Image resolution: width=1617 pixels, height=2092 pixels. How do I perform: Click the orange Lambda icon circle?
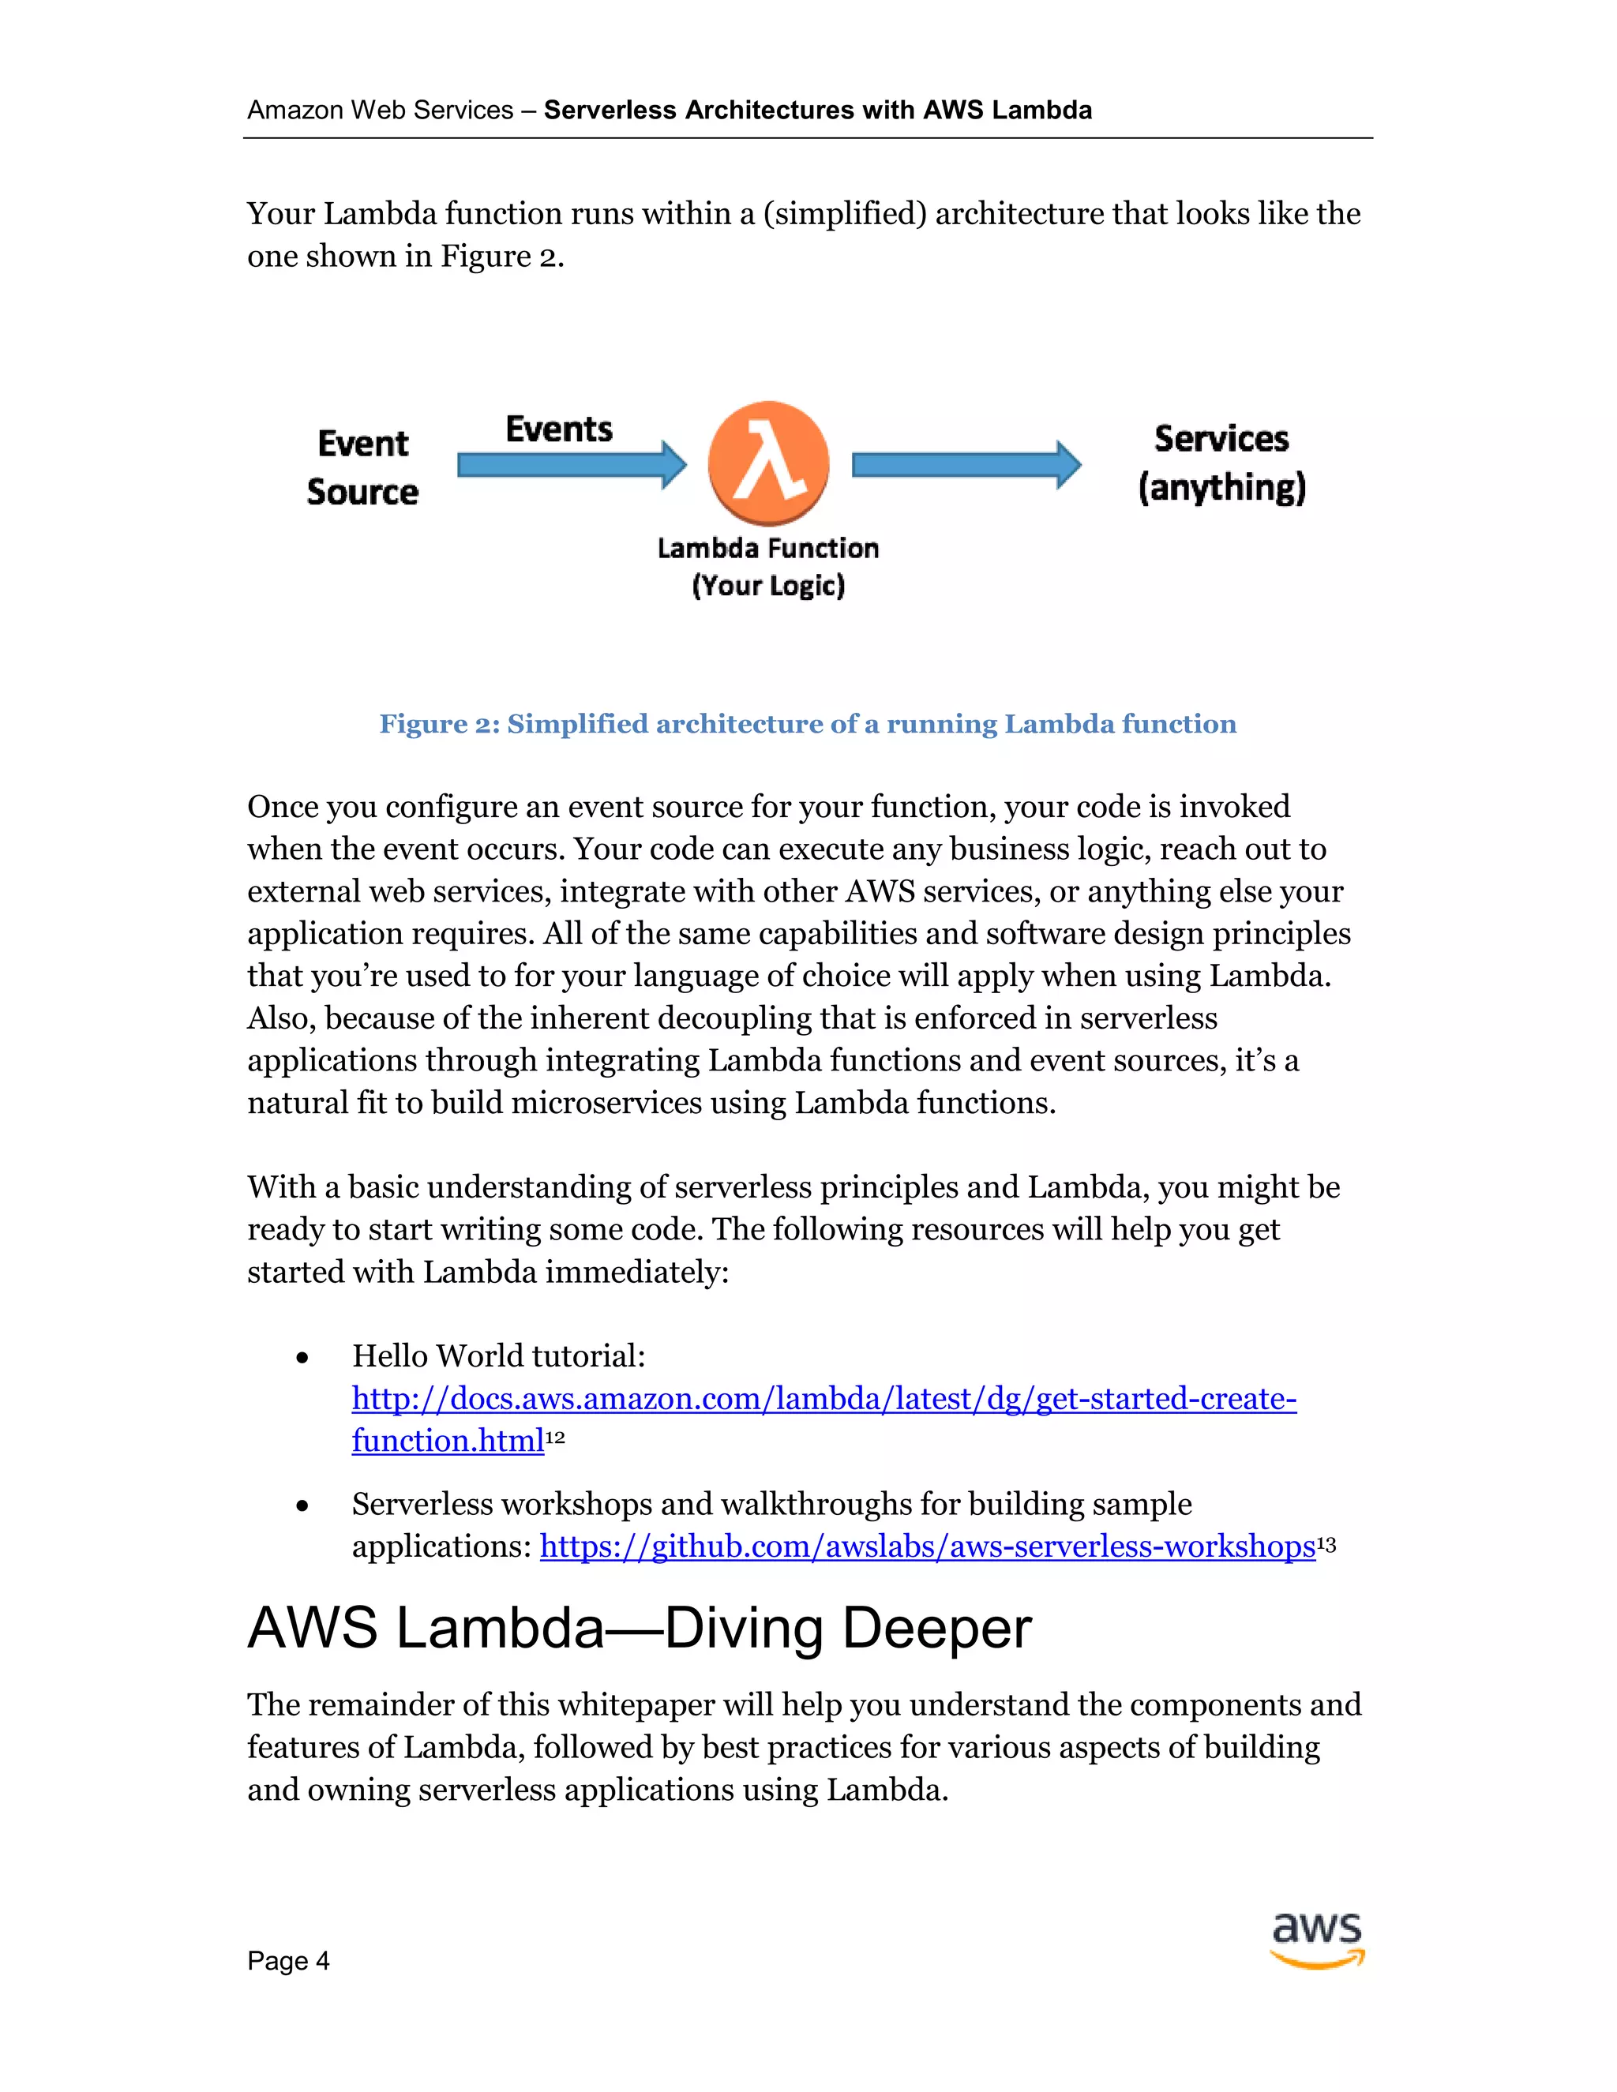[768, 463]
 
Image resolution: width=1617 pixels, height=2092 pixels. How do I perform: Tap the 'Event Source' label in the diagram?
[362, 467]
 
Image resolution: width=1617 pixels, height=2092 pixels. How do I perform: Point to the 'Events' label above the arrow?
[558, 429]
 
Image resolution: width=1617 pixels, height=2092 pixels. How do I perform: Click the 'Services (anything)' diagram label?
[1221, 463]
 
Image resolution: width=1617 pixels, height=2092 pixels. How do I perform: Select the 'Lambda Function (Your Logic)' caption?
[768, 566]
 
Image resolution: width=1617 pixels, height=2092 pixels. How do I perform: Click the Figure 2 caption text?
[808, 724]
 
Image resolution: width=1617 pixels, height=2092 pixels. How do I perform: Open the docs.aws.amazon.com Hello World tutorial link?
[824, 1399]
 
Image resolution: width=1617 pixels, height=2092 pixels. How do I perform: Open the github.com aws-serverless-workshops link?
[927, 1546]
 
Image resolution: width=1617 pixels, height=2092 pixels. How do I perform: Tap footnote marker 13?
[1326, 1543]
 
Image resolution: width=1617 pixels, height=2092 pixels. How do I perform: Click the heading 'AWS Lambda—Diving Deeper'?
[639, 1628]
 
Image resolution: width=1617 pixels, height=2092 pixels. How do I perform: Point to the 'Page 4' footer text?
[287, 1962]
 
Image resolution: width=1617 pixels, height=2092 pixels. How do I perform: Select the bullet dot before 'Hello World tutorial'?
[302, 1357]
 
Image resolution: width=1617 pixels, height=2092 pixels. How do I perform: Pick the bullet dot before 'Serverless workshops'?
[302, 1505]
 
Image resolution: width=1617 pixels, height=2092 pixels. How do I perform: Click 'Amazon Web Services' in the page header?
[381, 111]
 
